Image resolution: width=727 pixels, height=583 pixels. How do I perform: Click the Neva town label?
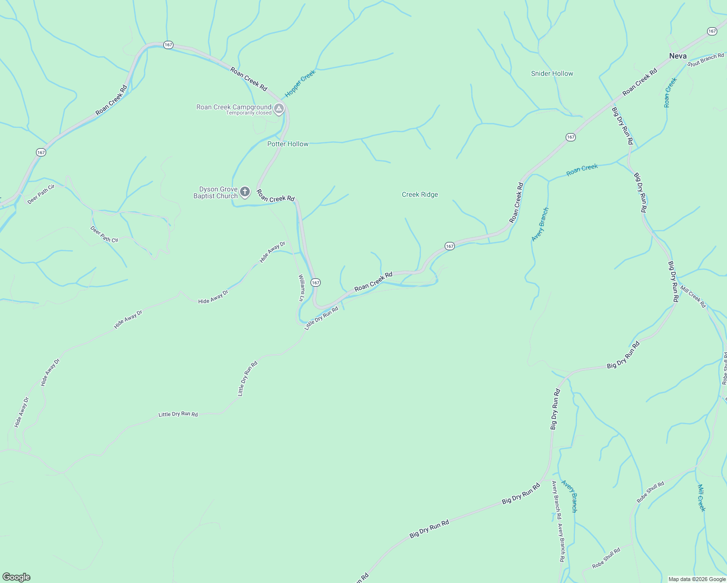[677, 56]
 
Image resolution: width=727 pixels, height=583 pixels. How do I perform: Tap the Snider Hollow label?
[552, 73]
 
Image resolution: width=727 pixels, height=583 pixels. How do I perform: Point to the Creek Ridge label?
[420, 194]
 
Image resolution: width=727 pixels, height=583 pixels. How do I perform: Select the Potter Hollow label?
[288, 144]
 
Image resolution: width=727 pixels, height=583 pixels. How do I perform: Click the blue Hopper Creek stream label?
[300, 83]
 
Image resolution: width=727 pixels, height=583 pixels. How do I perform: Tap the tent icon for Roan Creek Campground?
[279, 108]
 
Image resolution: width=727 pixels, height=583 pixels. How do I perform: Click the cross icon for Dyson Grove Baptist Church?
[245, 192]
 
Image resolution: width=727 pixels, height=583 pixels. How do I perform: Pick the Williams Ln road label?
[301, 288]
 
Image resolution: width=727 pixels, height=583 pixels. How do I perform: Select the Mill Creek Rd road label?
[693, 297]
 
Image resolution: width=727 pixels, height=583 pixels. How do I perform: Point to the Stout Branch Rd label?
[707, 59]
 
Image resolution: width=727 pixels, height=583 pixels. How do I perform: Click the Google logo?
[16, 577]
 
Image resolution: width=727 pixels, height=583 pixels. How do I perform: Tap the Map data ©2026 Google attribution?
[697, 579]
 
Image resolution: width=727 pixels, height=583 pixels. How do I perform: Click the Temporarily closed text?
[249, 113]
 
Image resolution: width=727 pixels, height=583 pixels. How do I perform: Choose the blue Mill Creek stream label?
[701, 497]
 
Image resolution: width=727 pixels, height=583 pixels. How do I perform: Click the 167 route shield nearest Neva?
[712, 31]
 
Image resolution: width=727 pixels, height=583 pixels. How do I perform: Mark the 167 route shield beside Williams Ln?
[316, 282]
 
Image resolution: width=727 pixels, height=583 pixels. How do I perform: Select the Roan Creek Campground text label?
[234, 107]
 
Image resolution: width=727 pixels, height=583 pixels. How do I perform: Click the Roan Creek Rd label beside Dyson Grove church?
[276, 196]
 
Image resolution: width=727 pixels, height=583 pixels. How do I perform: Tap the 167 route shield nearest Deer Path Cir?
[41, 152]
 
